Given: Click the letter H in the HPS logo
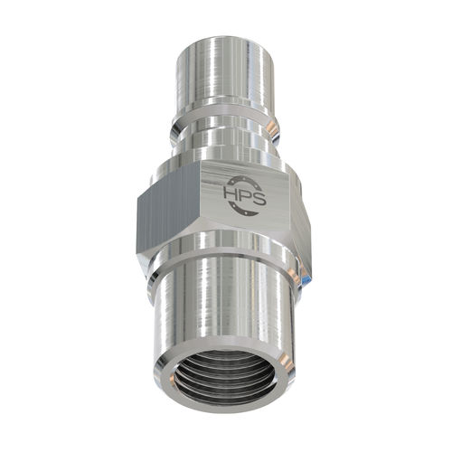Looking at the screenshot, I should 231,194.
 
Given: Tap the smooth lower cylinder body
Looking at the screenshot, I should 226,312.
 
